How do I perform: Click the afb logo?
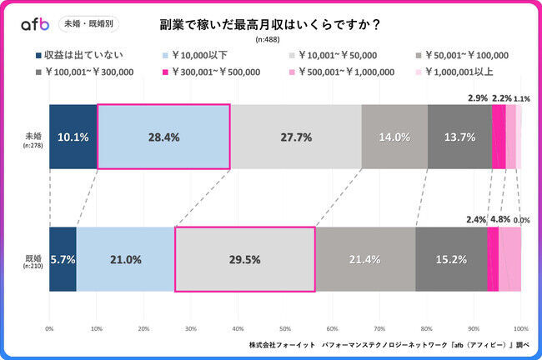tap(36, 24)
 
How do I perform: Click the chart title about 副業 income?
tap(270, 24)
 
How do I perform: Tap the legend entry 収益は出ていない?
tap(79, 56)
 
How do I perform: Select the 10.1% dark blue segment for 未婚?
tap(73, 137)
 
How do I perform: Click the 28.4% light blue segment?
tap(163, 137)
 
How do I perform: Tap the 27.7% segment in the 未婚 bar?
tap(295, 137)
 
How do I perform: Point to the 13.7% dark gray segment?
tap(459, 137)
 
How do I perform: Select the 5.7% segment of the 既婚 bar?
tap(63, 259)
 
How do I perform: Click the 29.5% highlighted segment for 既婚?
tap(244, 259)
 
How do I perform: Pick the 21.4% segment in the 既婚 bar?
tap(365, 259)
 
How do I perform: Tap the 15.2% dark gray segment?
tap(451, 259)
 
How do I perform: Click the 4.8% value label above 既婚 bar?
tap(499, 220)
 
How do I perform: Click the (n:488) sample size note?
tap(270, 40)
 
